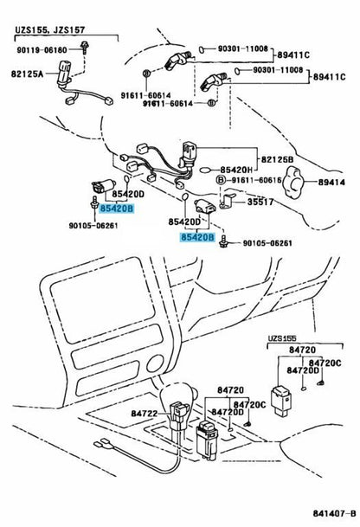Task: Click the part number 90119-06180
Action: coord(42,50)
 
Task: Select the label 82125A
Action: coord(27,74)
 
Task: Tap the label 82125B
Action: coord(277,159)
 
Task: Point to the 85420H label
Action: coord(236,170)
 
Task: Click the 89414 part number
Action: coord(331,183)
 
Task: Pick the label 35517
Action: coord(260,202)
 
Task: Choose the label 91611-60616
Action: coord(256,181)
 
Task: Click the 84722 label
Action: coord(145,414)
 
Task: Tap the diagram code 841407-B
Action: coord(334,513)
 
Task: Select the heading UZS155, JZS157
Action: coord(49,30)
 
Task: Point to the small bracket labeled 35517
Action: coord(227,202)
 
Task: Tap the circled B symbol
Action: coord(221,181)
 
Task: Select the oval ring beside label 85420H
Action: coord(207,170)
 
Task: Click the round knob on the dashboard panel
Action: coord(155,363)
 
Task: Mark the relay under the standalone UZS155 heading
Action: coord(281,401)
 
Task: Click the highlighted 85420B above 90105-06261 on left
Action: coord(117,209)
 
